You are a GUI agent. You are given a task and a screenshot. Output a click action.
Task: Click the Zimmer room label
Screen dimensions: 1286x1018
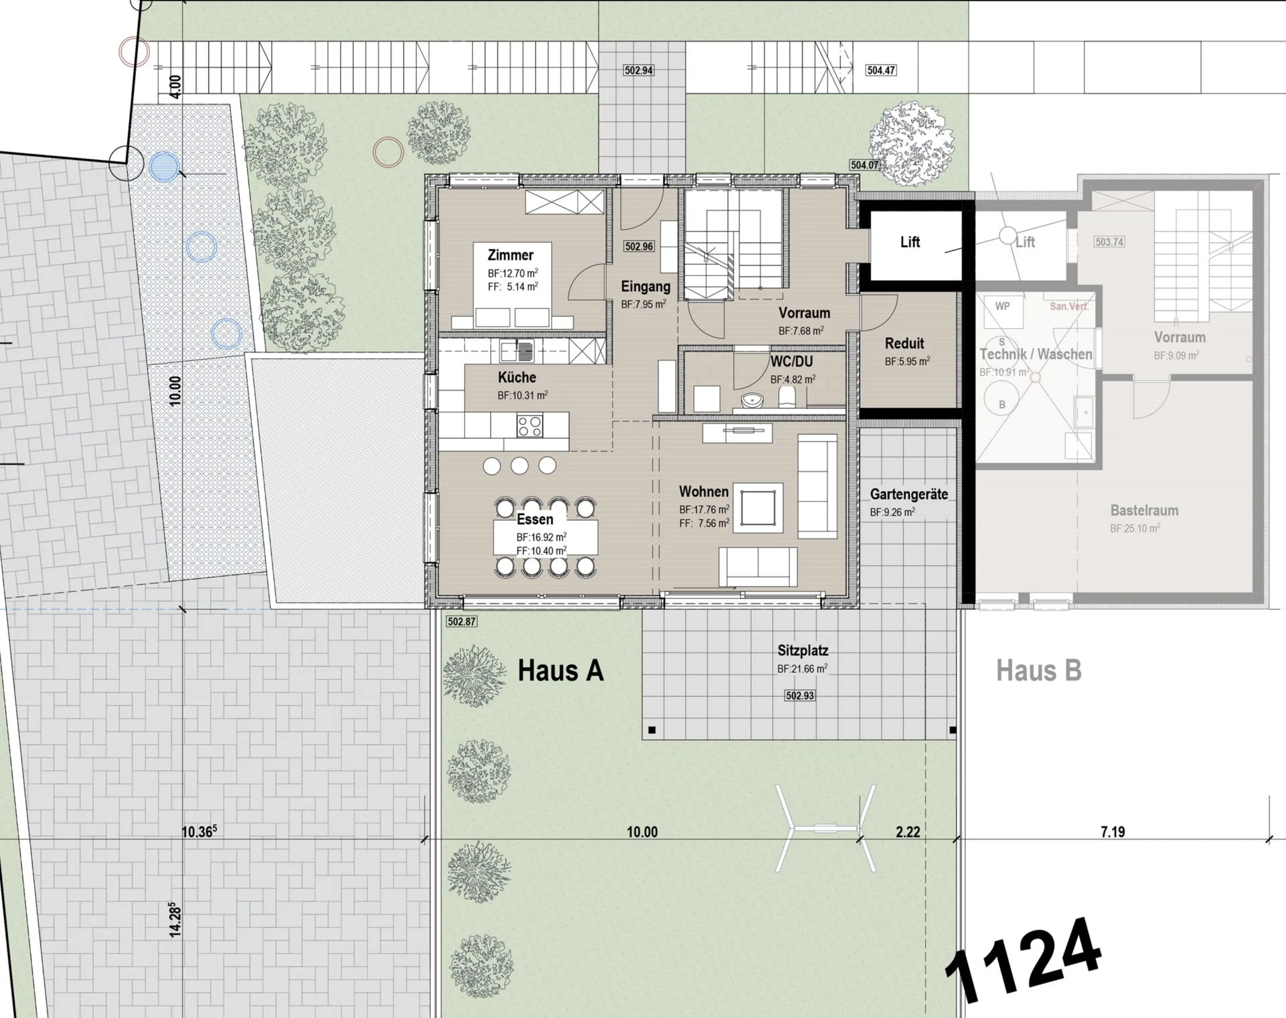(510, 255)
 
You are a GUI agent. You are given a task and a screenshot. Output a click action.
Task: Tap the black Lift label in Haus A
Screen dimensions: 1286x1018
(910, 242)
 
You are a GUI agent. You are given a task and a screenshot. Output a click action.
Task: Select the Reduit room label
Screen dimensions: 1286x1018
(904, 343)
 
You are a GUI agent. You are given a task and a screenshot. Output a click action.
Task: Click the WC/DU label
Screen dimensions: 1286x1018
(791, 362)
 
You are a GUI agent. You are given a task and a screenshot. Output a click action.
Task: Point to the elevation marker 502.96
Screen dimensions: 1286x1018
(639, 246)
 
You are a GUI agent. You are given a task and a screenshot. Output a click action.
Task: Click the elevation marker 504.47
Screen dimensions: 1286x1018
(881, 70)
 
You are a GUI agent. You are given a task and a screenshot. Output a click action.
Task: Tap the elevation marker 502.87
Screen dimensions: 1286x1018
(461, 622)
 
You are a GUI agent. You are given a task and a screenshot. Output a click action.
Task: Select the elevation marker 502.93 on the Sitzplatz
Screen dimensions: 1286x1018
(800, 696)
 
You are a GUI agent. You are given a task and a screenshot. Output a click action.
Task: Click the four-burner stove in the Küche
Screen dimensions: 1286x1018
(530, 426)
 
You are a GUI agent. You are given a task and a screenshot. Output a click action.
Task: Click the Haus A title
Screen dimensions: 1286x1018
(561, 670)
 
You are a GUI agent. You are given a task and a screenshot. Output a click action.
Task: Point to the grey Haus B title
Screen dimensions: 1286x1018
(1039, 670)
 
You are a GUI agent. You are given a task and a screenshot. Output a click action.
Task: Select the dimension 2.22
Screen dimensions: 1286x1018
(907, 832)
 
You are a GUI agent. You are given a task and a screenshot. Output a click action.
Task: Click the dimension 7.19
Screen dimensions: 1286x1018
(1112, 832)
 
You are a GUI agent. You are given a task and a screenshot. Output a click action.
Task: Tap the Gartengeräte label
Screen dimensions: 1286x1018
(909, 494)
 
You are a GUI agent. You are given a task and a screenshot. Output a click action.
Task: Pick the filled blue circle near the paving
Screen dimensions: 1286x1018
(164, 166)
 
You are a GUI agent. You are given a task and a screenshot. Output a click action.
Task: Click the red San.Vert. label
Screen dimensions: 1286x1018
(1069, 306)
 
